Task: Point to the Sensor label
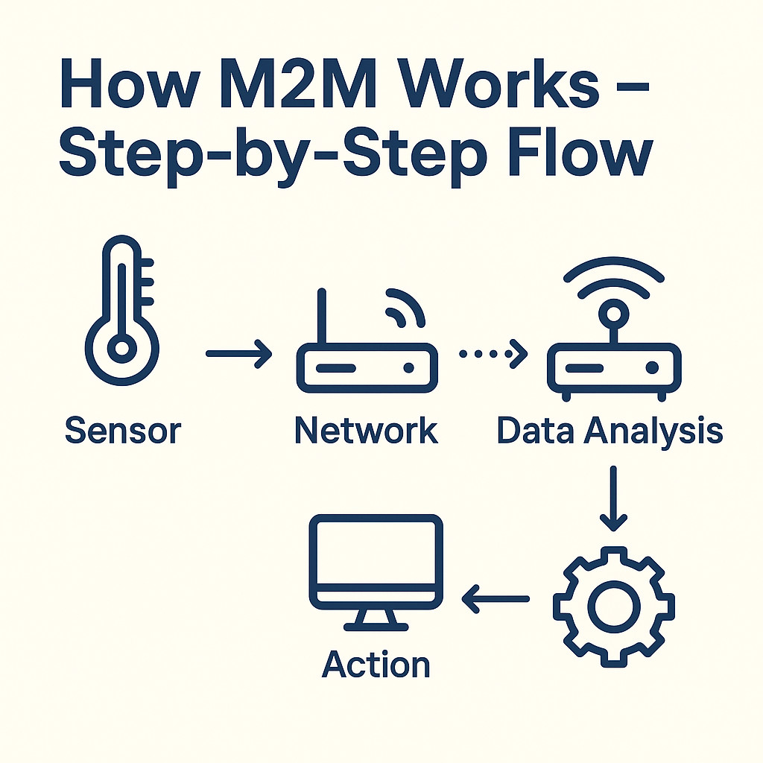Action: click(x=123, y=431)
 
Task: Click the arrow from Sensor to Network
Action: click(x=238, y=353)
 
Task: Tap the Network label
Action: click(x=366, y=431)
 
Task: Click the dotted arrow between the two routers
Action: click(x=492, y=353)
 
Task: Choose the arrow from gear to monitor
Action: click(x=496, y=597)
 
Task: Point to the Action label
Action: click(x=376, y=664)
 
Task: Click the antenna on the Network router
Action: click(x=323, y=316)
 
